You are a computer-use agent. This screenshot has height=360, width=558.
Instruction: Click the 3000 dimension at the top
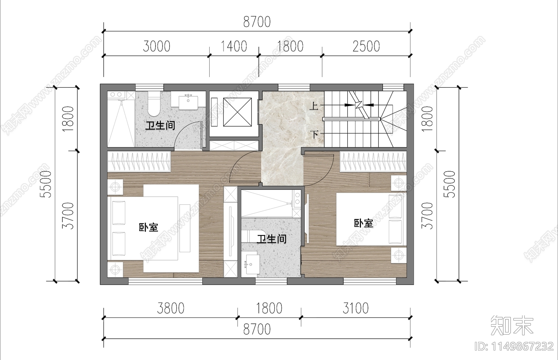tap(157, 46)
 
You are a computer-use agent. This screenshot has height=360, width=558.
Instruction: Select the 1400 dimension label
tap(234, 46)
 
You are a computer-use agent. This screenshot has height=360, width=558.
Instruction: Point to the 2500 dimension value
tap(366, 46)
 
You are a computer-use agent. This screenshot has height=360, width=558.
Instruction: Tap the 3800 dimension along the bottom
tap(171, 308)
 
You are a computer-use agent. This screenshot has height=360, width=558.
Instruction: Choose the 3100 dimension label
tap(355, 308)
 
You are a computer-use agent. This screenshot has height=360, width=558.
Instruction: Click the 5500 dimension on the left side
tap(46, 184)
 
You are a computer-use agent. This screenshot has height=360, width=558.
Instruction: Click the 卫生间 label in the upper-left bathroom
tap(160, 126)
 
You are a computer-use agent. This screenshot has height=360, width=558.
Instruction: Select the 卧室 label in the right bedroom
tap(363, 223)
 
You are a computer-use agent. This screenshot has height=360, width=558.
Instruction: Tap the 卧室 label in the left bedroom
tap(149, 228)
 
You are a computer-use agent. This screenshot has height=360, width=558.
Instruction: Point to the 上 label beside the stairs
tap(314, 105)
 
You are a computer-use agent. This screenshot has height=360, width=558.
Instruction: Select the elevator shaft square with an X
tap(237, 112)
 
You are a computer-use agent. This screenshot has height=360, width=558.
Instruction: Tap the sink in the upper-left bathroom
tap(188, 101)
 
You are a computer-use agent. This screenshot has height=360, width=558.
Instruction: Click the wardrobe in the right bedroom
tap(373, 162)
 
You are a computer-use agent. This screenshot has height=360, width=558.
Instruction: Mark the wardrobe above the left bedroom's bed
tap(139, 162)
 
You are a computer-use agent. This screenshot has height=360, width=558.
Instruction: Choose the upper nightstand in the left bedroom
tap(115, 187)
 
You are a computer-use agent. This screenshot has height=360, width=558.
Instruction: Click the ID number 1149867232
tap(514, 346)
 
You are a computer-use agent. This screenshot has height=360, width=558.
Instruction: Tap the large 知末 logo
tap(512, 325)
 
